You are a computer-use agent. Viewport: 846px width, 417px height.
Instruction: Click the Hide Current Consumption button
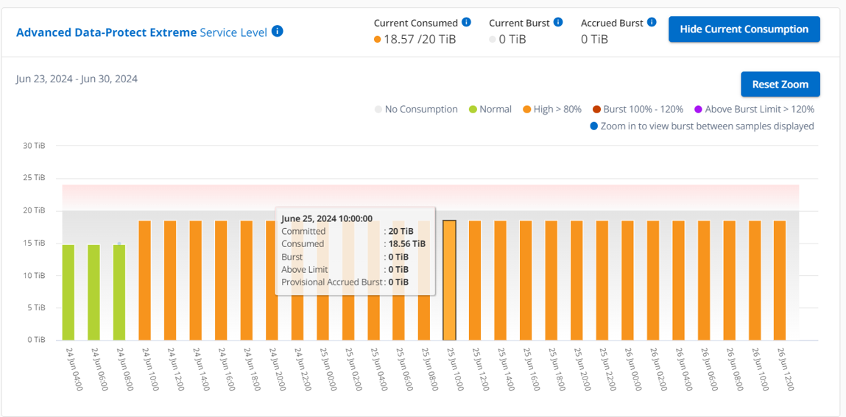(x=744, y=29)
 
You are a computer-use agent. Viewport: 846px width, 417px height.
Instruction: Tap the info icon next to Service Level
(x=277, y=32)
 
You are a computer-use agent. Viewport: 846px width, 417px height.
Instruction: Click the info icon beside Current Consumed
(x=466, y=23)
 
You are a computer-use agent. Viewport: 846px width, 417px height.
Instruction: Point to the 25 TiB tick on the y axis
(x=35, y=178)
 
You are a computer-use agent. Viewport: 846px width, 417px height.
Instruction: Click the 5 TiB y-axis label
(x=37, y=307)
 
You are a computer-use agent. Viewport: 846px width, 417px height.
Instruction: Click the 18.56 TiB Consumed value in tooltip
(x=407, y=244)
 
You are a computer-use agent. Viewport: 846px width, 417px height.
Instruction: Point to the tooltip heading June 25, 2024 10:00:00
(x=327, y=218)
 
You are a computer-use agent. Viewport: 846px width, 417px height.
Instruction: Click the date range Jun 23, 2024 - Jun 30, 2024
(x=77, y=79)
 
